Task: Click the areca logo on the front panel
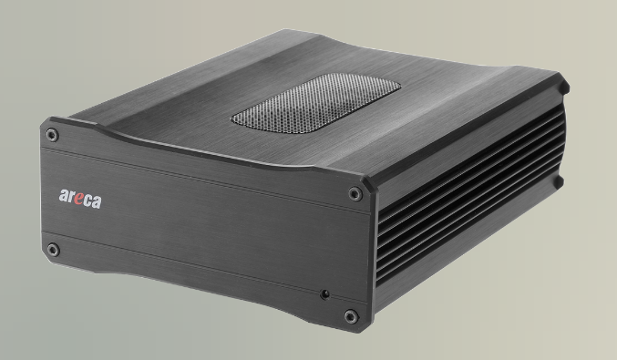coord(80,199)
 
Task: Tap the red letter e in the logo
coord(77,199)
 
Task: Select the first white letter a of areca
coord(64,196)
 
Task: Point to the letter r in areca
coord(70,197)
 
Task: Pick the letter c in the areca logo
coord(87,201)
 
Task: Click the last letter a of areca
coord(97,202)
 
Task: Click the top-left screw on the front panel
coord(52,135)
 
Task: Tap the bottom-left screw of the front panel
coord(53,250)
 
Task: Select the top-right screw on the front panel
coord(355,193)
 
